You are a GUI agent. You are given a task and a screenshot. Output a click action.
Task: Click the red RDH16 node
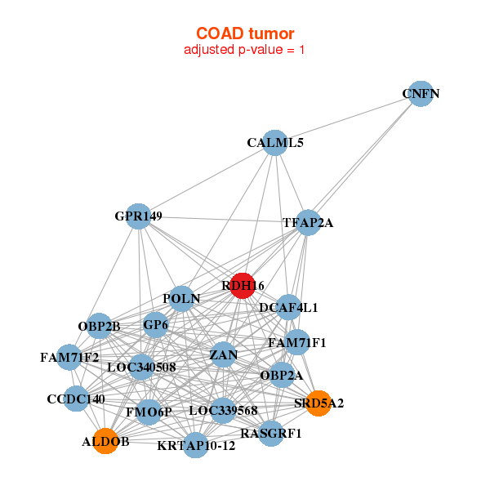click(243, 285)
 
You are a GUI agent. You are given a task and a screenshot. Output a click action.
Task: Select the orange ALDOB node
click(105, 441)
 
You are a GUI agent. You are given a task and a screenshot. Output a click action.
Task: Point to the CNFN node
click(420, 94)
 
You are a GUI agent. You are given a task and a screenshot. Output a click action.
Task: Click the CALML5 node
click(276, 143)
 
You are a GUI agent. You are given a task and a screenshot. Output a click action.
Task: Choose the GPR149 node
click(140, 217)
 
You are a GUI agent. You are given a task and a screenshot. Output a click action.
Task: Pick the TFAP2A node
click(308, 222)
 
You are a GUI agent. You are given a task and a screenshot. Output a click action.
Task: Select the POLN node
click(182, 299)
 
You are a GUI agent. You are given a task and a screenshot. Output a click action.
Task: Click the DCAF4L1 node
click(288, 308)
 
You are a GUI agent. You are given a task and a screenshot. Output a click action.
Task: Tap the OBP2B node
click(100, 327)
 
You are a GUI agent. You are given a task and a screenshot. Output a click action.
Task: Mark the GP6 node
click(155, 325)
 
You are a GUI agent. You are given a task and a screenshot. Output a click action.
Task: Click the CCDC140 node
click(76, 399)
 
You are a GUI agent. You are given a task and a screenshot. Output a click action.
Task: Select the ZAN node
click(223, 354)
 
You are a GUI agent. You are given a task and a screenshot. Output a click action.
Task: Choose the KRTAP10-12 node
click(196, 445)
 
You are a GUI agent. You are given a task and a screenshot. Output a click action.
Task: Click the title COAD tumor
click(245, 33)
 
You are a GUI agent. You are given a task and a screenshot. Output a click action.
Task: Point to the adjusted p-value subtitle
click(245, 50)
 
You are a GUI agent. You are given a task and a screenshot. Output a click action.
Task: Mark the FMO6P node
click(149, 412)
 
